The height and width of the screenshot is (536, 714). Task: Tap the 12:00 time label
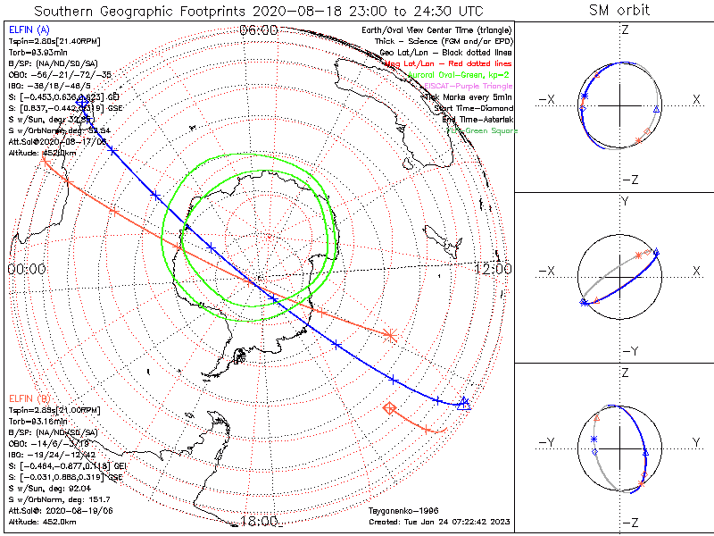click(x=492, y=268)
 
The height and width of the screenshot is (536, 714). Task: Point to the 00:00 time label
click(x=26, y=268)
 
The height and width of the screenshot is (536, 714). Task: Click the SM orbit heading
click(x=619, y=10)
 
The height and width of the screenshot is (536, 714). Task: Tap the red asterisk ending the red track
click(x=389, y=335)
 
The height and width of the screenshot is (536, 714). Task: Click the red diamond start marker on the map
click(x=389, y=408)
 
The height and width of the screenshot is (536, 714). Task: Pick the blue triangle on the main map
click(x=463, y=403)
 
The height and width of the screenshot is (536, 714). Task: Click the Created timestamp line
click(x=437, y=521)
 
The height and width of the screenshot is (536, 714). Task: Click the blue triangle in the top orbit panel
click(x=657, y=109)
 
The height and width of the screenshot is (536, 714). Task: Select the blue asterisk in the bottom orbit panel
click(x=594, y=439)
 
